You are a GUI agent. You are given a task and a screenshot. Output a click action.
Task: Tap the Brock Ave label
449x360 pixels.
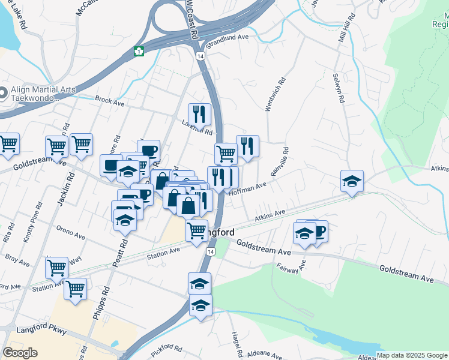109,103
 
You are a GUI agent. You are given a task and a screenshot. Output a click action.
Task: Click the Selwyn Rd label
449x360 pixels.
338,89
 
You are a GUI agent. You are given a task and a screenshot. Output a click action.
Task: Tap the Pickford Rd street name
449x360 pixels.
166,350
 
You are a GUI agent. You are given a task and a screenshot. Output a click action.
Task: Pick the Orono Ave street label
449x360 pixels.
68,229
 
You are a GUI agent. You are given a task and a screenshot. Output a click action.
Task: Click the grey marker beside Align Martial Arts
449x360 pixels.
3,94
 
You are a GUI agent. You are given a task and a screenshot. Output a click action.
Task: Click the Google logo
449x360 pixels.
20,352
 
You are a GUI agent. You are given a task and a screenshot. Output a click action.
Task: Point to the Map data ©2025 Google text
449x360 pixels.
412,355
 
